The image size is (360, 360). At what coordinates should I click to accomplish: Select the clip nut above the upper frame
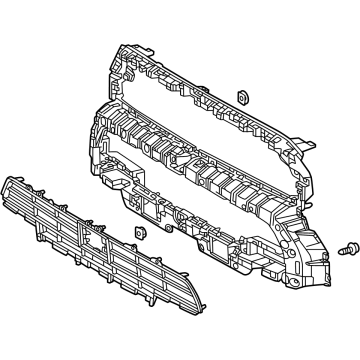[241, 97]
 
